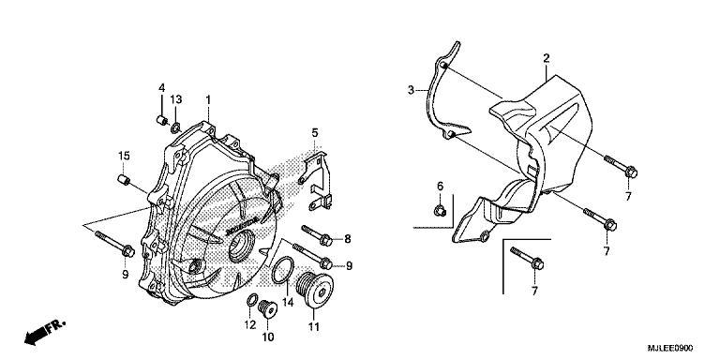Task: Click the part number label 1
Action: (208, 98)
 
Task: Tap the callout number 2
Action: (545, 58)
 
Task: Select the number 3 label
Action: (411, 90)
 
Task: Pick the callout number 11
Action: (312, 326)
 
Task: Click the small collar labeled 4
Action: (162, 120)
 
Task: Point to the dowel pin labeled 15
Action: (123, 179)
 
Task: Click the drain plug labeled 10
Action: (264, 307)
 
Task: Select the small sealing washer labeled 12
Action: (250, 301)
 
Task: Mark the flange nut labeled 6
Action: (439, 209)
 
